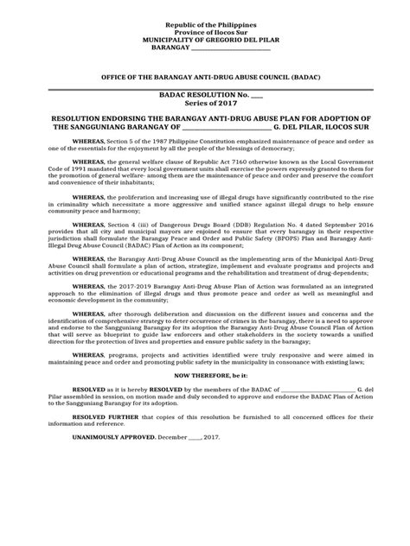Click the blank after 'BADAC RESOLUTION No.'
(x=256, y=96)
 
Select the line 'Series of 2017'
(x=204, y=105)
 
